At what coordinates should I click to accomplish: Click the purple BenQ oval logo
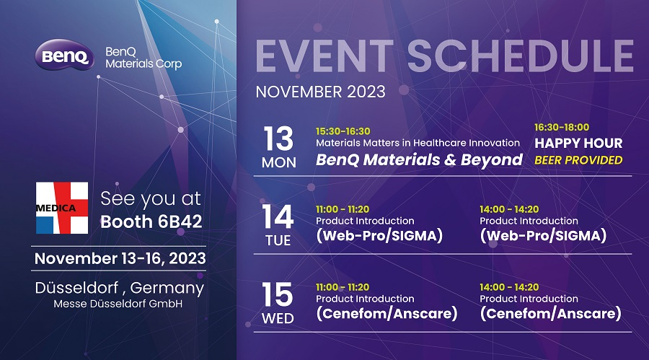click(64, 55)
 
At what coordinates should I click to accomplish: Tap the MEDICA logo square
click(62, 208)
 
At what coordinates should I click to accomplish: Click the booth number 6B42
click(180, 221)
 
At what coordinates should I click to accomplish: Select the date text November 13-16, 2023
click(120, 258)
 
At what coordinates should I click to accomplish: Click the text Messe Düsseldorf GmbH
click(118, 304)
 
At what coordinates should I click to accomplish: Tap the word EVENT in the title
click(324, 56)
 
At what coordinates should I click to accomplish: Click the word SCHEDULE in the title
click(520, 56)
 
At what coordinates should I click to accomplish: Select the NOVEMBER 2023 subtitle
click(320, 92)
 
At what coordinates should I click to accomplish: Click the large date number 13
click(278, 139)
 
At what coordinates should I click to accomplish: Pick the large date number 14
click(278, 216)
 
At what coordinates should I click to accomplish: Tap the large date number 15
click(278, 294)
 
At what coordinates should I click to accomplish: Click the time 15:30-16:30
click(343, 131)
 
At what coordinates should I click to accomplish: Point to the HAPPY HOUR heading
click(578, 144)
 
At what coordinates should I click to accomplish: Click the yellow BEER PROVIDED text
click(578, 160)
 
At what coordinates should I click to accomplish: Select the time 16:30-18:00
click(562, 127)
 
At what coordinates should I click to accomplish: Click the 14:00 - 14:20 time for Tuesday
click(509, 209)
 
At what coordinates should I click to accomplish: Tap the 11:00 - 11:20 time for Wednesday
click(343, 287)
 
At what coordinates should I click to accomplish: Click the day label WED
click(278, 319)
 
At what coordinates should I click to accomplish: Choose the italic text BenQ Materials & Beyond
click(419, 160)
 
